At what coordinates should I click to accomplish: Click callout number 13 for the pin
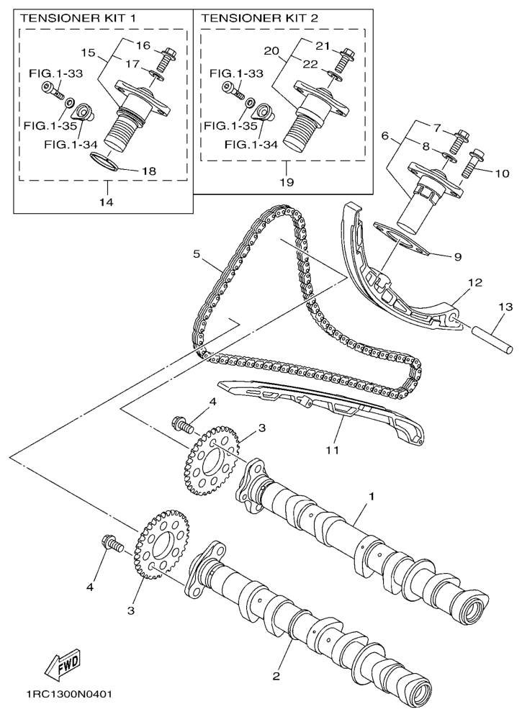[505, 307]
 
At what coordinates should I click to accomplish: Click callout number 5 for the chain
[196, 253]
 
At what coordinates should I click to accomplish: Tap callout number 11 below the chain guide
[331, 450]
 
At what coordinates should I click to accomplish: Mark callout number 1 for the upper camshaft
[372, 497]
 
